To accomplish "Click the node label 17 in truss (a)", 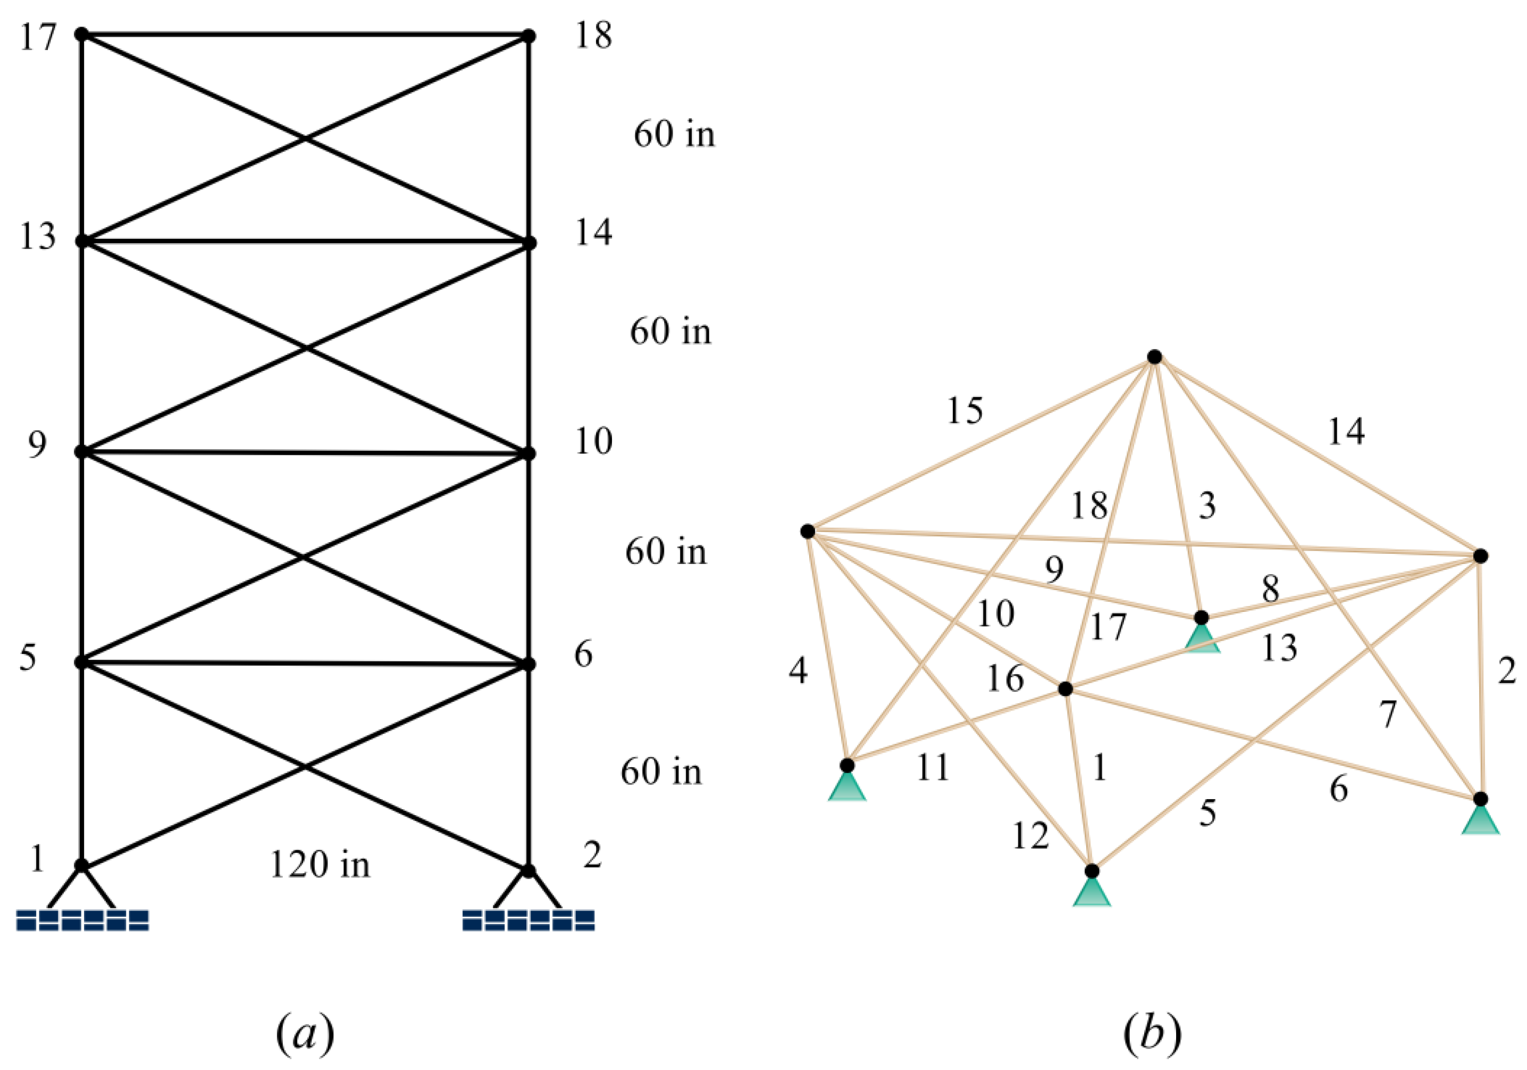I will tap(37, 37).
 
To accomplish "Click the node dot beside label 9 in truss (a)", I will tap(82, 452).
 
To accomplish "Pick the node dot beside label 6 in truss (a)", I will tap(528, 663).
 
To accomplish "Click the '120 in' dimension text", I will tap(320, 865).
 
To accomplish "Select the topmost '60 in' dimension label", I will tap(674, 135).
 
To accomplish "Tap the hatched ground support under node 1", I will tap(82, 920).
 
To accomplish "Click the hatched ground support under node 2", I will tap(528, 920).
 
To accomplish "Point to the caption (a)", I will tap(305, 1034).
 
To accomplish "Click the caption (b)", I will tap(1153, 1034).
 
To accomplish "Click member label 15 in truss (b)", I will tap(965, 411).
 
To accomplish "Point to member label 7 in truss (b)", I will tap(1387, 714).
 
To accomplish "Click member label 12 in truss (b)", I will tap(1030, 836).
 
